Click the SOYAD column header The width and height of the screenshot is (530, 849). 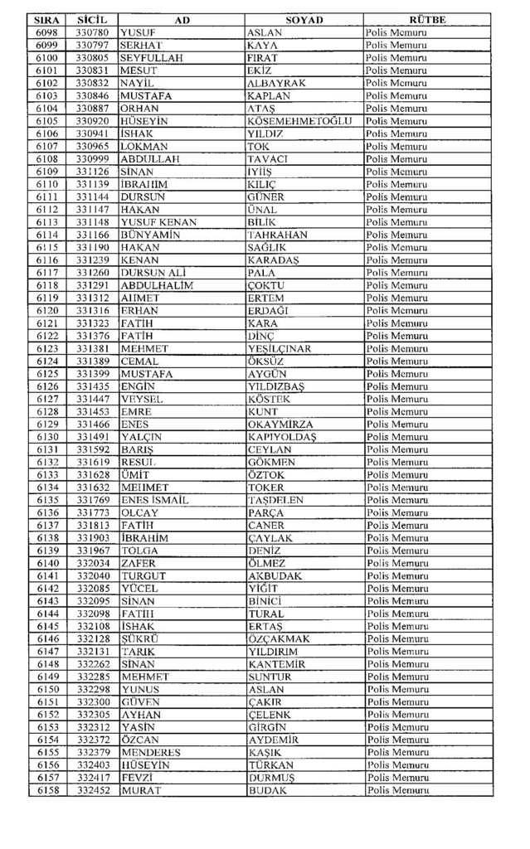304,19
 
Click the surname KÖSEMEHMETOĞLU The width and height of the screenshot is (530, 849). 300,120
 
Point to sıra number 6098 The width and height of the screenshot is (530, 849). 46,32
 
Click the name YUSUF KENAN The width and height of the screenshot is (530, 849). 158,221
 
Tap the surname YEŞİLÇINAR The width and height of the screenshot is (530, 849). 280,348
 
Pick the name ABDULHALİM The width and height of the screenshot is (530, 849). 156,284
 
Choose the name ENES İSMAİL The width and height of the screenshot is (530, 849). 155,500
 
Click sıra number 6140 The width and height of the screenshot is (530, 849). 46,563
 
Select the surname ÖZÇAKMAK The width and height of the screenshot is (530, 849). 279,639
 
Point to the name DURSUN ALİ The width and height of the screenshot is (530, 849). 153,272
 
